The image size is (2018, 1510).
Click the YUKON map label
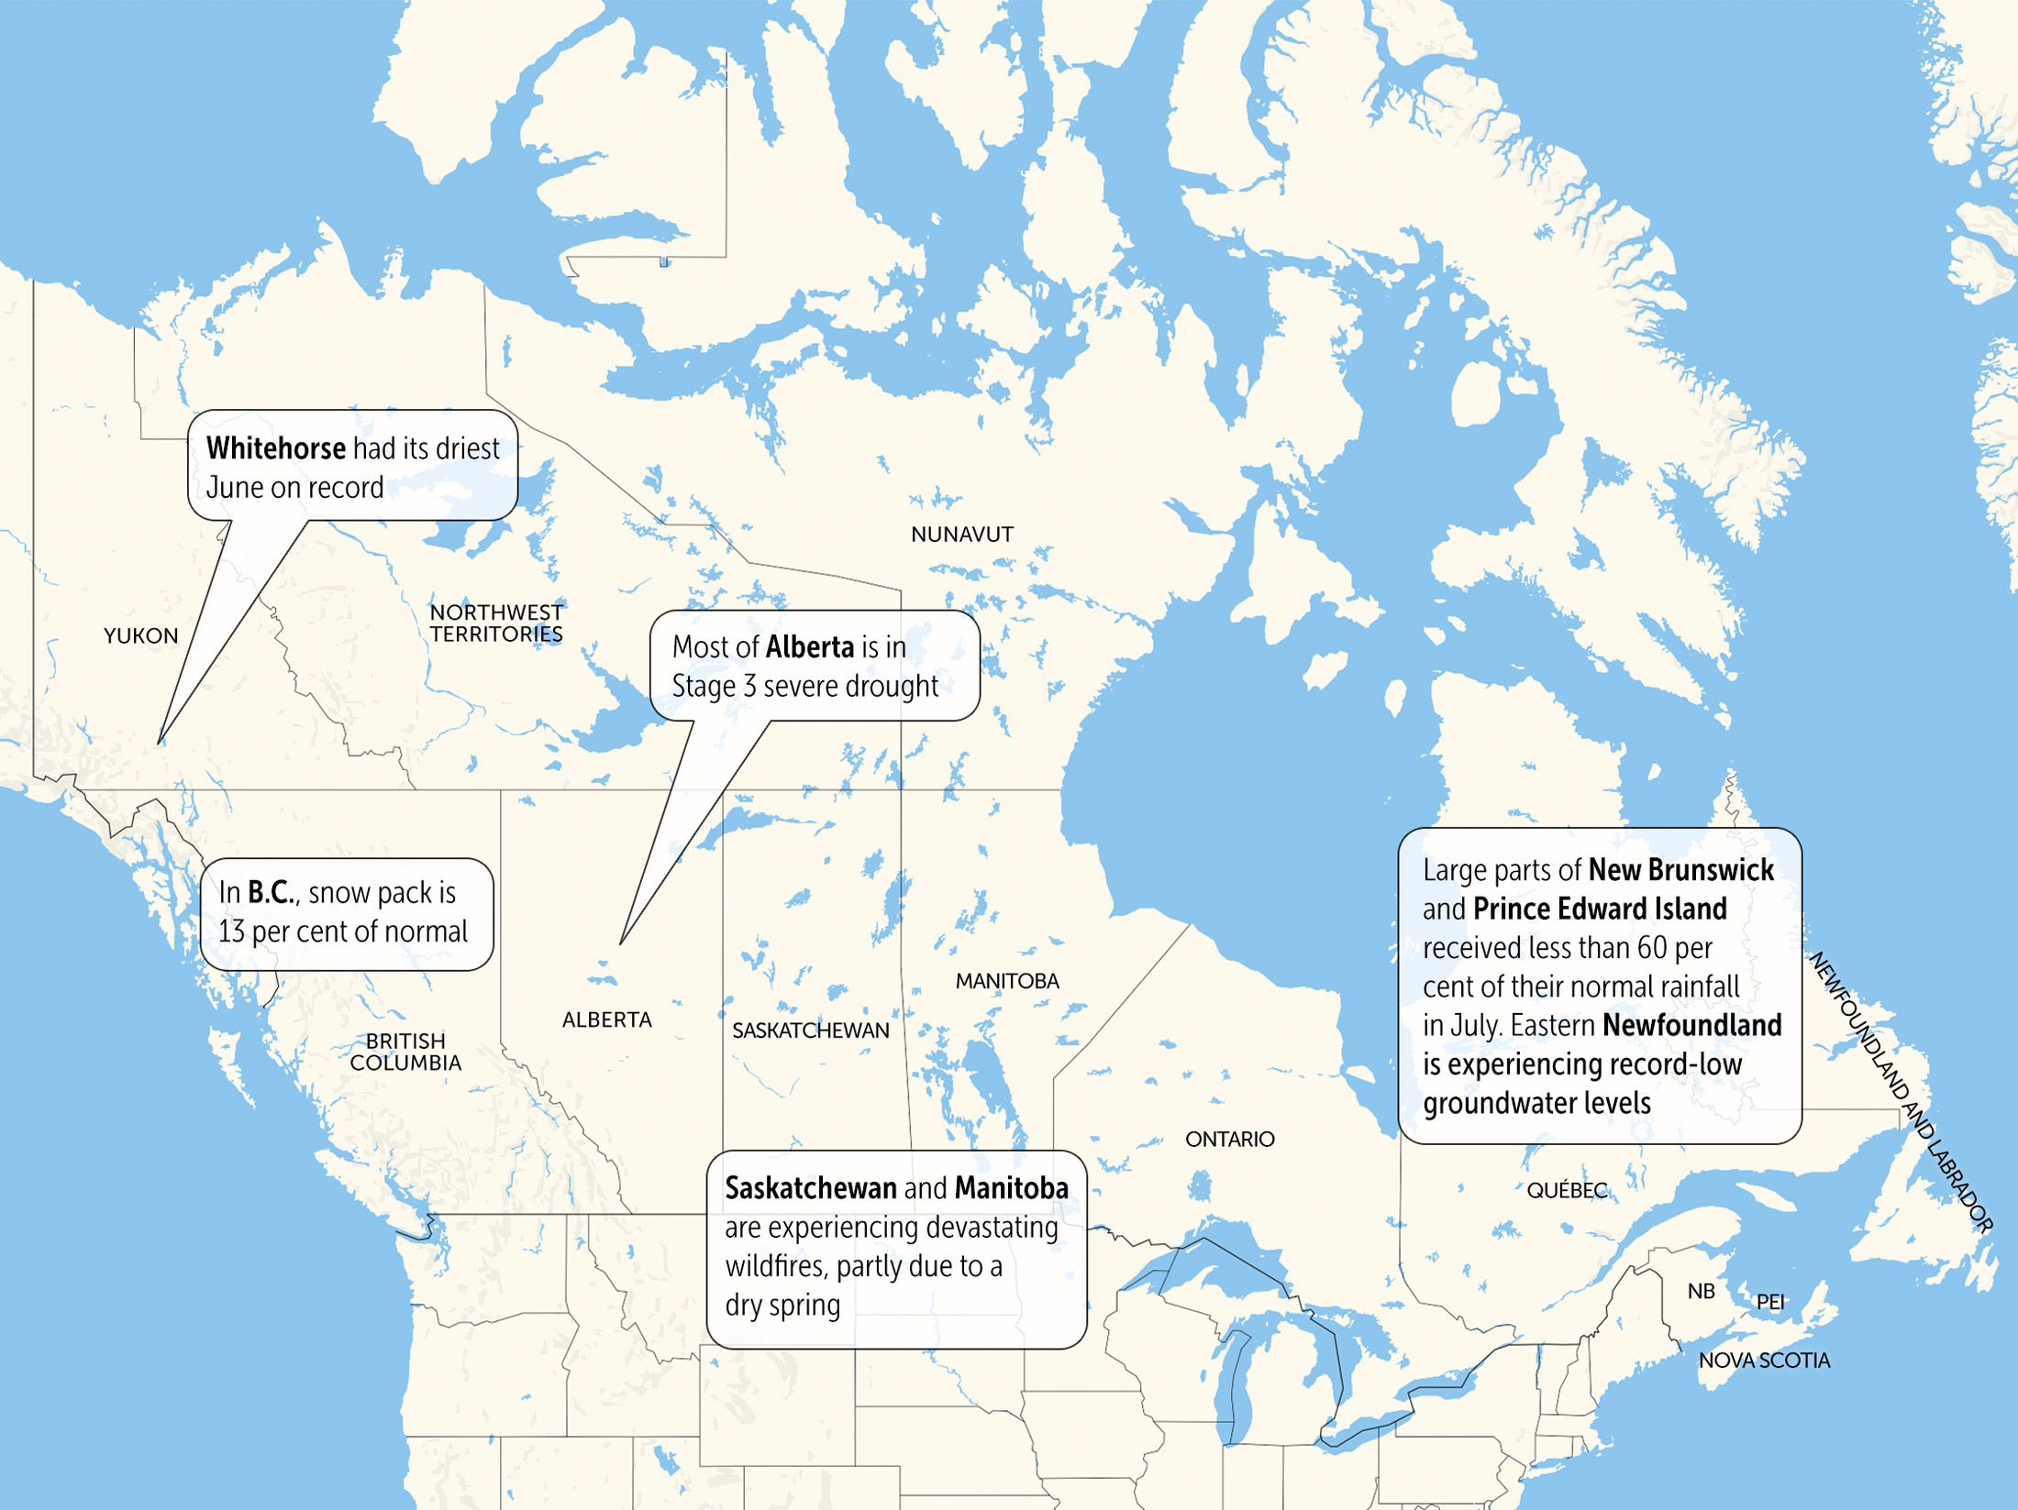point(140,636)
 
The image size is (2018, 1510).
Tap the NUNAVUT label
point(961,535)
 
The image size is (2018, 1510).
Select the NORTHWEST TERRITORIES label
point(496,623)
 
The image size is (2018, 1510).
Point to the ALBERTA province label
point(606,1020)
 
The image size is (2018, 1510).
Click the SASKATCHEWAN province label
point(810,1031)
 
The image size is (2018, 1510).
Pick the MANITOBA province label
point(1007,982)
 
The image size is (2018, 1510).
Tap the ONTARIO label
point(1229,1140)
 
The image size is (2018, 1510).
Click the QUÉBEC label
point(1566,1191)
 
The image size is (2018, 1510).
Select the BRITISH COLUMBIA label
point(405,1053)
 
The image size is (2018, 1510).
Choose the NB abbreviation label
point(1701,1292)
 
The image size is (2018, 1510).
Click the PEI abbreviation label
point(1769,1303)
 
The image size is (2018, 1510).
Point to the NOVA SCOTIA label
point(1763,1361)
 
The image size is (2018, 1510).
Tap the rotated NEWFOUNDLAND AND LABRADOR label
point(1900,1091)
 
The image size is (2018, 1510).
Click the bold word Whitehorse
point(275,449)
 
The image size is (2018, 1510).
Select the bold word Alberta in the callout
point(809,648)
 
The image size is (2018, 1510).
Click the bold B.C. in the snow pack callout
point(271,893)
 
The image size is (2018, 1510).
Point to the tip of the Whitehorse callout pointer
point(159,744)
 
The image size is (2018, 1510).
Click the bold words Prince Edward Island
point(1600,909)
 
